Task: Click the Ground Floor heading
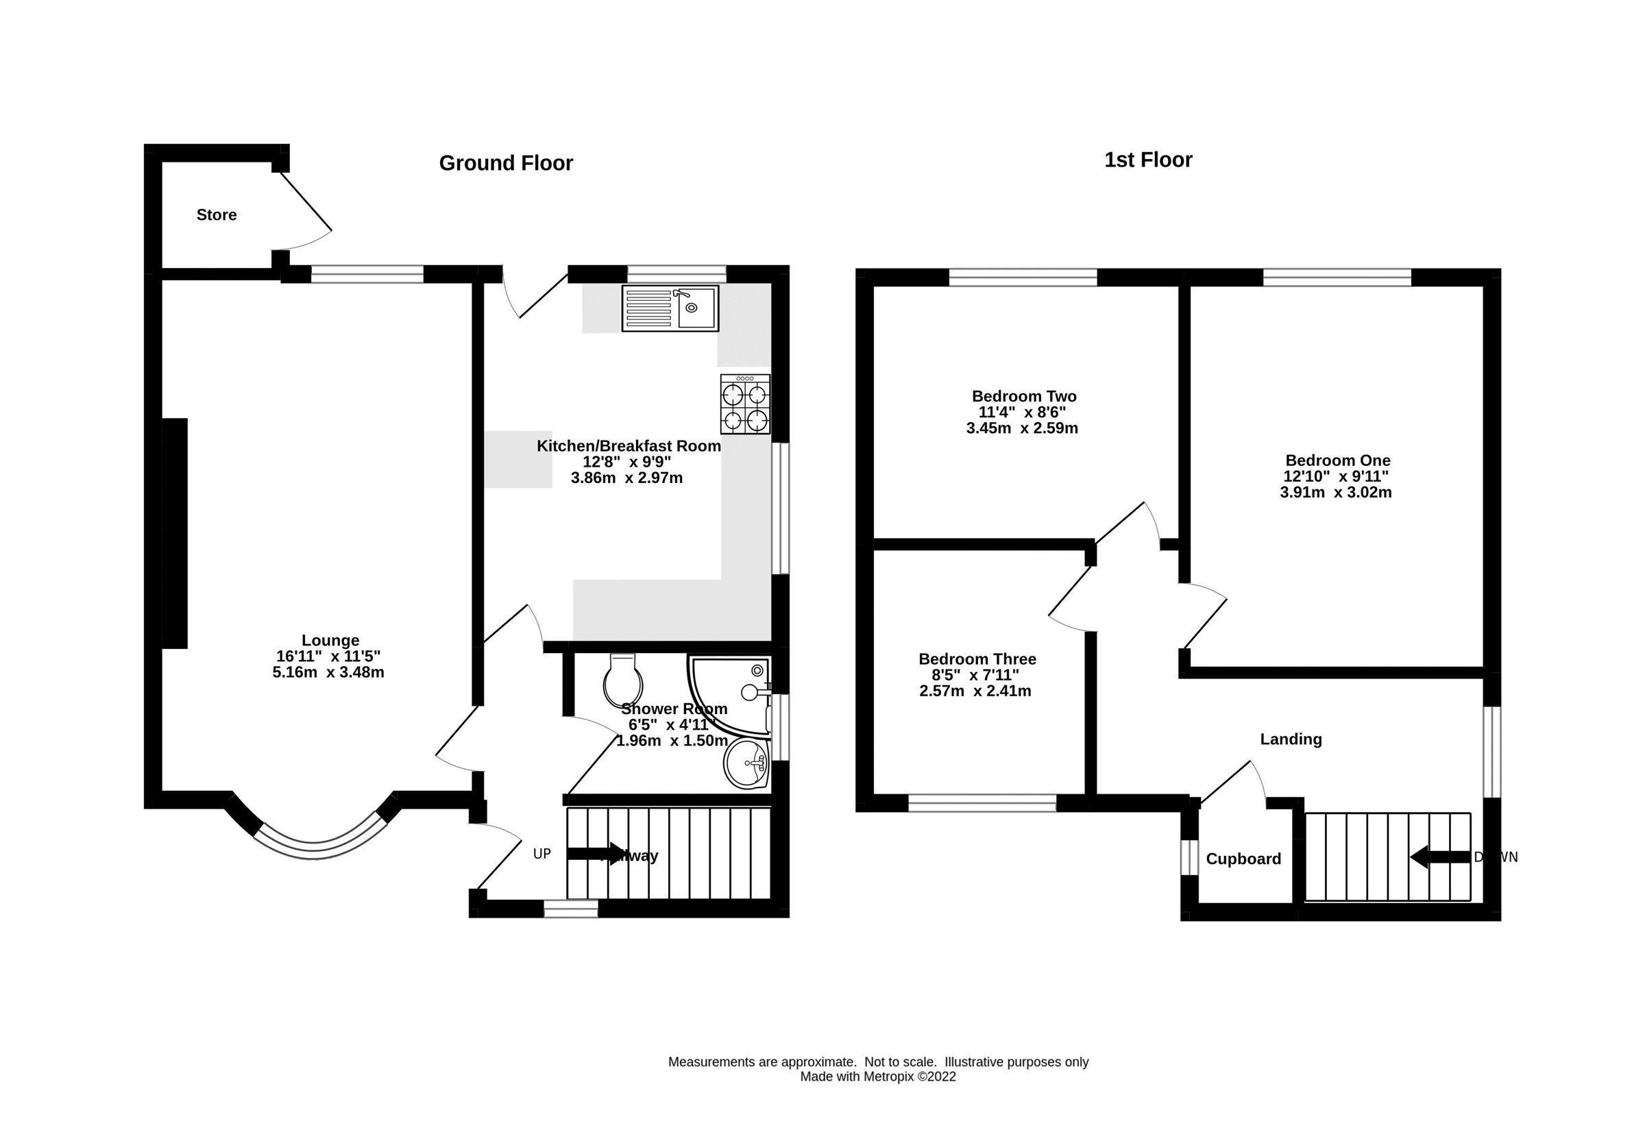[x=506, y=163]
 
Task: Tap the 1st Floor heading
[x=1147, y=160]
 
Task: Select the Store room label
[x=217, y=215]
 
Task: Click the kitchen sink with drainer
[x=670, y=308]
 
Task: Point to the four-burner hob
[x=745, y=404]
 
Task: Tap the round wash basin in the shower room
[x=746, y=763]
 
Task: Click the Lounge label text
[x=330, y=640]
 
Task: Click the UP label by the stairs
[x=541, y=854]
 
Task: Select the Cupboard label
[x=1243, y=859]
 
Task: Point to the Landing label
[x=1291, y=739]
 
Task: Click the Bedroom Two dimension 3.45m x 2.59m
[x=1022, y=428]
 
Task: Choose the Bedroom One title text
[x=1337, y=460]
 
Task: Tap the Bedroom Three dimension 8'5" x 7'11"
[x=975, y=674]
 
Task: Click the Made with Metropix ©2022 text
[x=877, y=1077]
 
